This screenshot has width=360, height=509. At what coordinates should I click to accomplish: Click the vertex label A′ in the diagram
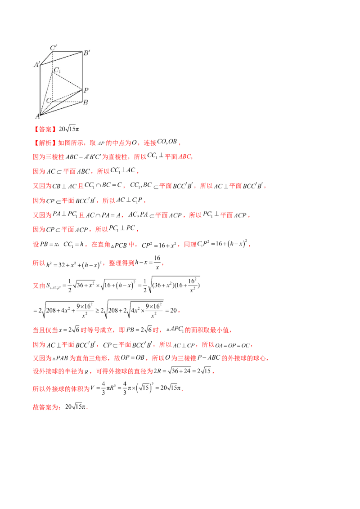pos(36,64)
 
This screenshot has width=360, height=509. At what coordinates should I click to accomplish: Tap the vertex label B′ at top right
pos(86,53)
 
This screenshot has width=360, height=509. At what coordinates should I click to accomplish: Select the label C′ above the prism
pos(54,47)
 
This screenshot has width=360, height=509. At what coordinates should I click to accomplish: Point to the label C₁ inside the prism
pos(57,70)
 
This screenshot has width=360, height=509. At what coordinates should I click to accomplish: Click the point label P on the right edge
pos(86,90)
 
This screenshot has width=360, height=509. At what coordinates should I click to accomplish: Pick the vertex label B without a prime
pos(85,102)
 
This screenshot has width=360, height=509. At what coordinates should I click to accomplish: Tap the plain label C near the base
pos(49,100)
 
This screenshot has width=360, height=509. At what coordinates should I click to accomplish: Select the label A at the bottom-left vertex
pos(37,117)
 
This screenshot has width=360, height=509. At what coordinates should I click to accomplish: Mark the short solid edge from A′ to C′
pos(46,58)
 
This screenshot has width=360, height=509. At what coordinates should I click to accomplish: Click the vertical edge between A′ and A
pos(40,90)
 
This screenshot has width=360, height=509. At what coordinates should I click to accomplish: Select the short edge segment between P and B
pos(81,96)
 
